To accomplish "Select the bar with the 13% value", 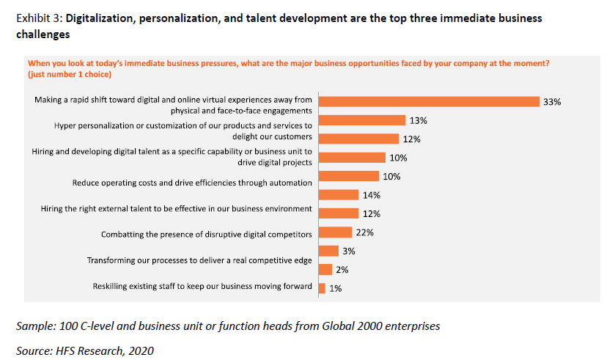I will (362, 120).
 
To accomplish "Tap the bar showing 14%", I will (338, 194).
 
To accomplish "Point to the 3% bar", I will (328, 251).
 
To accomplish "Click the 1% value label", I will (335, 289).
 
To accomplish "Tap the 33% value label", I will (552, 102).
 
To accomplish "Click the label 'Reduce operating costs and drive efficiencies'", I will (192, 182).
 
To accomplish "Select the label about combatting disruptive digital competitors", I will (207, 234).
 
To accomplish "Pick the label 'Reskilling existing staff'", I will (202, 286).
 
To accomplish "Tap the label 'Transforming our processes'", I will (199, 260).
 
